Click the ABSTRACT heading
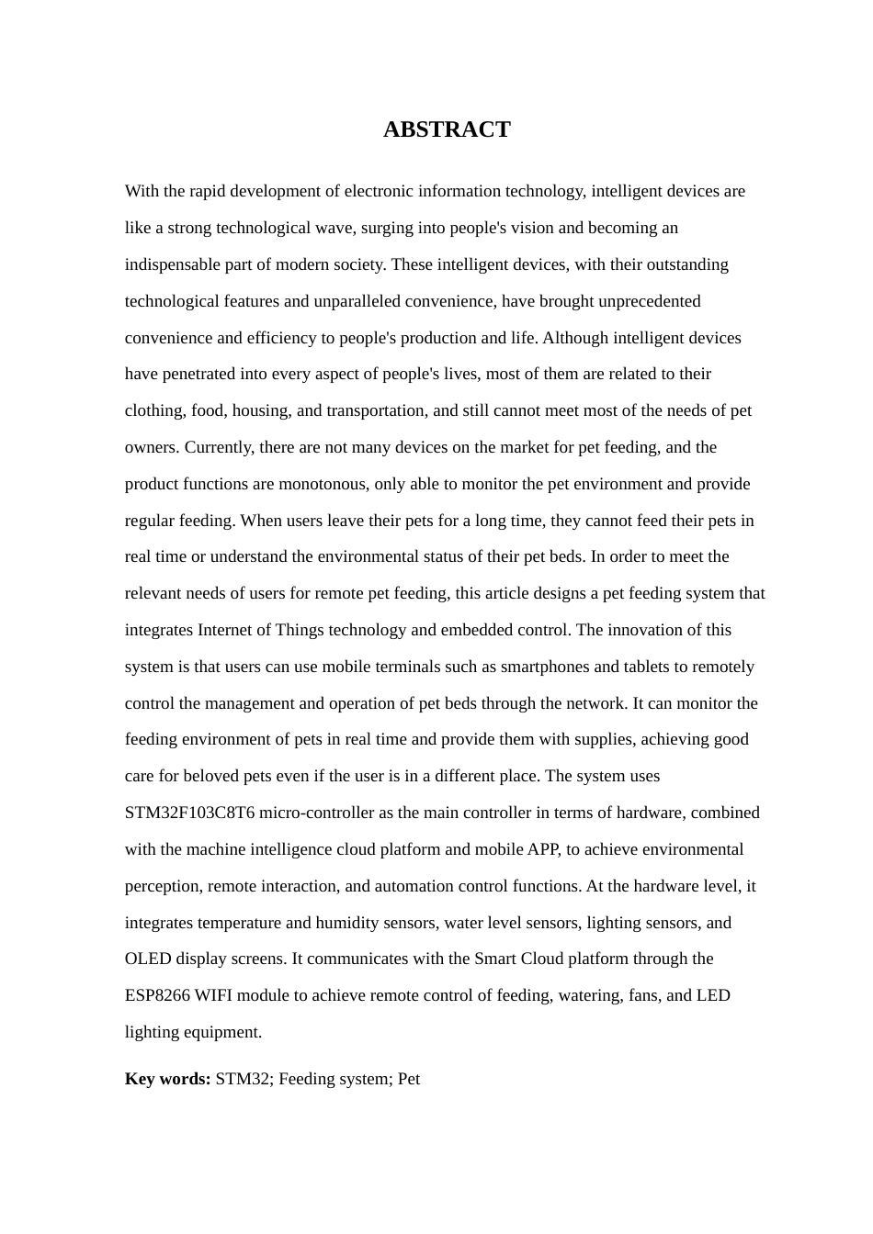point(447,129)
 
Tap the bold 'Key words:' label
point(168,1079)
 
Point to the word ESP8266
point(157,995)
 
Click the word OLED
point(148,959)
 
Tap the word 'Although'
point(575,338)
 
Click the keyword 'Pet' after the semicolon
point(408,1079)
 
